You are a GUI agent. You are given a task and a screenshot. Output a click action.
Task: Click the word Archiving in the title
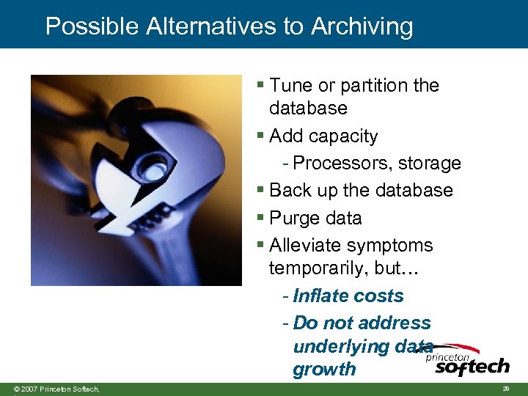pyautogui.click(x=362, y=27)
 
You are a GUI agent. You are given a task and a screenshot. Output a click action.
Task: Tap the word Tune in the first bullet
pyautogui.click(x=290, y=86)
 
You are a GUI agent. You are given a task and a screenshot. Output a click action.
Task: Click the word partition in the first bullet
pyautogui.click(x=374, y=86)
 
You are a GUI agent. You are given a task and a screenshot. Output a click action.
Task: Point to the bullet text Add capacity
pyautogui.click(x=323, y=136)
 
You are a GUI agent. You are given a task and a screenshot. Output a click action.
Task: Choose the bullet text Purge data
pyautogui.click(x=315, y=219)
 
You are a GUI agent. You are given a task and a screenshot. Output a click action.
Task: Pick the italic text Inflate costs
pyautogui.click(x=348, y=296)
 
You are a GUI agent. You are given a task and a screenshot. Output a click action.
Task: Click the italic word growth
pyautogui.click(x=324, y=370)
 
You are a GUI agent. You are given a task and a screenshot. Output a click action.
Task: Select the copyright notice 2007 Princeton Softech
pyautogui.click(x=56, y=389)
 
